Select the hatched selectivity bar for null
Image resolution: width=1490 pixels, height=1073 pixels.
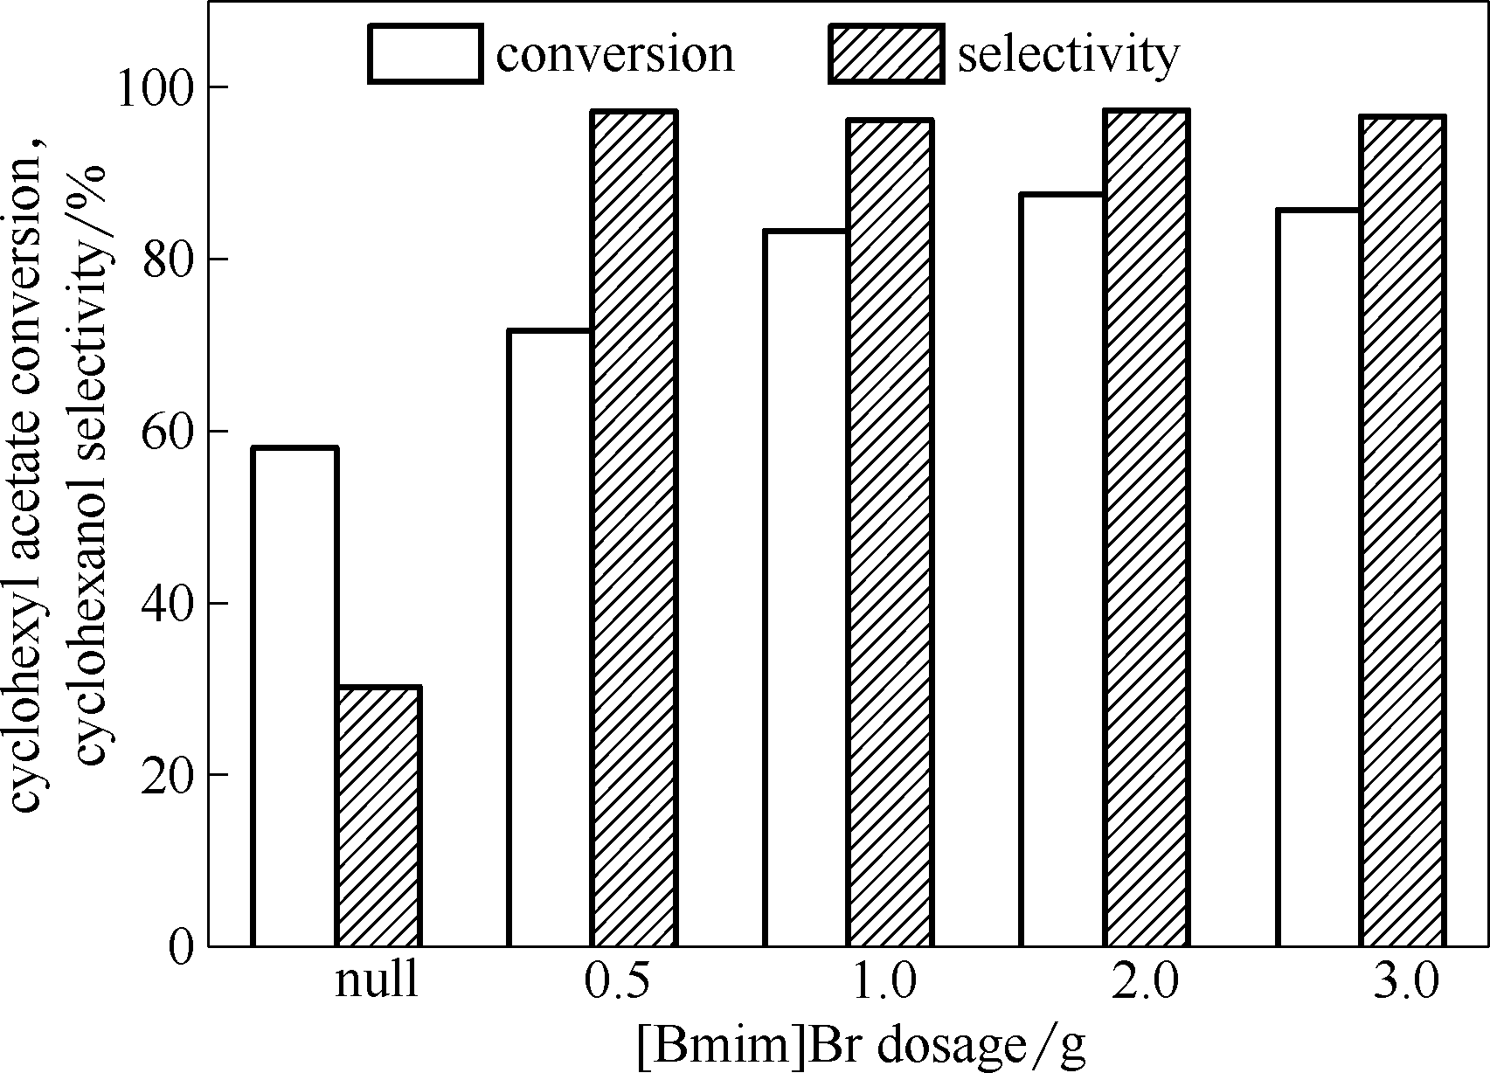378,816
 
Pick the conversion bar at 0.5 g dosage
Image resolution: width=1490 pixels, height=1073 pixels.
550,638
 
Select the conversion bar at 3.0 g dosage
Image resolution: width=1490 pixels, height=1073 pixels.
1317,578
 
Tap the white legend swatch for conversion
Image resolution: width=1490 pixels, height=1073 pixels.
425,54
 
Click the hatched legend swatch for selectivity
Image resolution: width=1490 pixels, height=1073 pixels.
886,54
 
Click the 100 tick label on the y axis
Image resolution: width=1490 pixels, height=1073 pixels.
156,87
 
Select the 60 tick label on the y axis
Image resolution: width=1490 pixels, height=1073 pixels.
166,432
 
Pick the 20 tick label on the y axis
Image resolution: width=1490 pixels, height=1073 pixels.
166,775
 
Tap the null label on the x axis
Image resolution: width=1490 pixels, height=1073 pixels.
377,983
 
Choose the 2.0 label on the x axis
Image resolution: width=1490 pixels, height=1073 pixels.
1146,983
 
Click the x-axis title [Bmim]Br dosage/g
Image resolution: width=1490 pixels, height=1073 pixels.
861,1044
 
